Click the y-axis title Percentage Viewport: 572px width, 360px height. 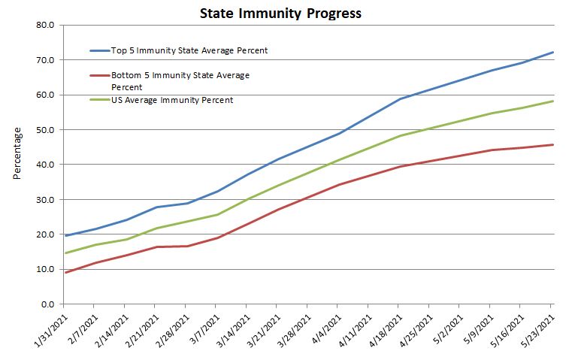[x=17, y=153]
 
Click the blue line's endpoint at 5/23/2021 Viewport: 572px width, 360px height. [x=552, y=52]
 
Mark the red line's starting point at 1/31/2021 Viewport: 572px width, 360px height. [x=65, y=272]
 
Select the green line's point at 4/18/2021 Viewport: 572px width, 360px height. [x=400, y=136]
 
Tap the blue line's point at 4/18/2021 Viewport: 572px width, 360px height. [x=400, y=98]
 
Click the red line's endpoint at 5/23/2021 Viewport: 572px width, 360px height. [x=552, y=145]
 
